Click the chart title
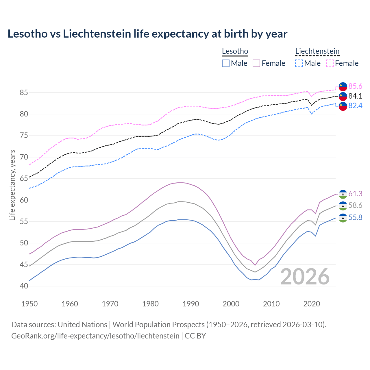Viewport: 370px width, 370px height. click(147, 34)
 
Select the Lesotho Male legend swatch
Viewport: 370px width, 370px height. click(226, 63)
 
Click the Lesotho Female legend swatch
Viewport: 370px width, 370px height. click(256, 63)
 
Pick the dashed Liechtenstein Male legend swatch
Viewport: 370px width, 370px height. click(299, 63)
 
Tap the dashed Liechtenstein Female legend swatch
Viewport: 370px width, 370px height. click(330, 63)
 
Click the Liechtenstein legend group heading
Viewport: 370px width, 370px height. click(317, 51)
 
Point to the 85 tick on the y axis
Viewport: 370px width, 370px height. click(24, 93)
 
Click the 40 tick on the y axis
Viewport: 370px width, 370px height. click(24, 286)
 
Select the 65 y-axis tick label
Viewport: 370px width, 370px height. click(24, 179)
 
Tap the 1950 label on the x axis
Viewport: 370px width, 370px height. click(29, 304)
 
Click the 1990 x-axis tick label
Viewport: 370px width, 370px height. click(191, 304)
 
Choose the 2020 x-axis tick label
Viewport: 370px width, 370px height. click(312, 304)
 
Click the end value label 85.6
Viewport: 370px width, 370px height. click(355, 86)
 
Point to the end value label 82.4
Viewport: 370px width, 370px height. click(355, 106)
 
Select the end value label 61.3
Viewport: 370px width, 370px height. click(355, 194)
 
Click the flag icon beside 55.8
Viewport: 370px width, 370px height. click(343, 218)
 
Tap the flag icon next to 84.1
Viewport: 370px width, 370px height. click(343, 96)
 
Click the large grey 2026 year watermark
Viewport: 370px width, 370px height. click(305, 277)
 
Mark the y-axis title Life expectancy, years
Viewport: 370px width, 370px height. click(12, 185)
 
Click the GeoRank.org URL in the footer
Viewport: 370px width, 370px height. click(95, 336)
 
